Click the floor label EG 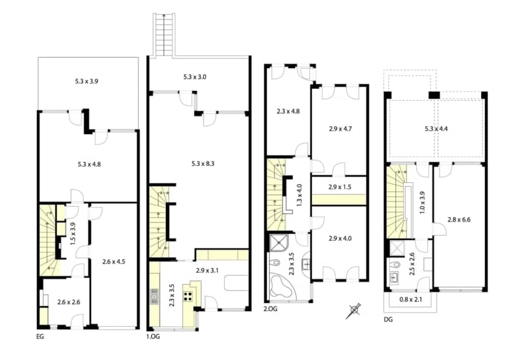(40, 336)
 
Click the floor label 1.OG (153, 337)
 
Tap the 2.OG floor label (271, 308)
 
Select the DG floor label (388, 319)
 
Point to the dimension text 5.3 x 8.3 (203, 163)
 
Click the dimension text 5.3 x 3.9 (87, 81)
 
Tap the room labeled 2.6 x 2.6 (68, 302)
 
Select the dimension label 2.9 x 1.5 (340, 187)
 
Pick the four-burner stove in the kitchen (187, 296)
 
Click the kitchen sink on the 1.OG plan (154, 296)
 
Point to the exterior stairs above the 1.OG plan (162, 34)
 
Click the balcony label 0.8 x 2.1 (410, 298)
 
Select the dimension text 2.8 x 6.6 (460, 220)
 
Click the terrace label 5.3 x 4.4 (436, 128)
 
